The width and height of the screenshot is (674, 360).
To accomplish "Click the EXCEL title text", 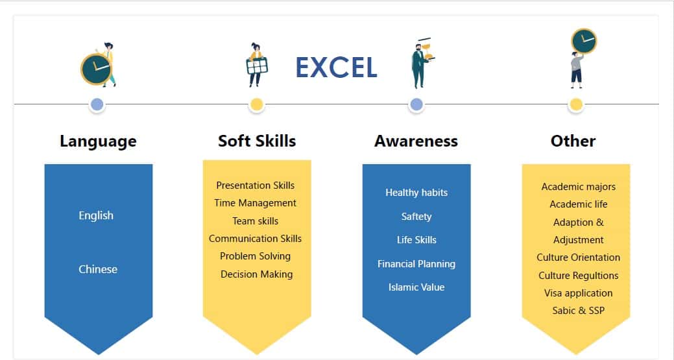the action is tap(337, 67).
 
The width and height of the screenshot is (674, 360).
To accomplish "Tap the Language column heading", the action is tap(98, 141).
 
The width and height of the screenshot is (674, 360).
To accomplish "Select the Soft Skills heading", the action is tap(257, 141).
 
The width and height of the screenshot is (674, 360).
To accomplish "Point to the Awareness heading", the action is tap(416, 141).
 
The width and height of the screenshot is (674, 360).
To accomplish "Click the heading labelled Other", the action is tap(573, 141).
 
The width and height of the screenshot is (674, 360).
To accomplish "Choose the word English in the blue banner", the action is tap(96, 215).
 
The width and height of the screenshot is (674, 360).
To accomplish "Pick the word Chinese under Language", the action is tap(97, 269).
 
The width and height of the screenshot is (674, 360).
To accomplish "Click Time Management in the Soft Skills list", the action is tap(256, 203).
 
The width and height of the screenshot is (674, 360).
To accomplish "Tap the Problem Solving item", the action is tap(256, 256).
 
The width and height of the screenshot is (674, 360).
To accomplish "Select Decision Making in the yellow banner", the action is tap(257, 274).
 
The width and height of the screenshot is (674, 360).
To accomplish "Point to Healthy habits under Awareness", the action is tap(416, 193).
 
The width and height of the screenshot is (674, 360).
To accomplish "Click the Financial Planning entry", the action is tap(416, 264).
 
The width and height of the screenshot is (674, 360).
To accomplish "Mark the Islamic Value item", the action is tap(416, 287).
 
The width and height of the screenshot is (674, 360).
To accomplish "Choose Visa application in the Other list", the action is tap(578, 293).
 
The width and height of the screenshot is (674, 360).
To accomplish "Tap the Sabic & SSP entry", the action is tap(578, 311).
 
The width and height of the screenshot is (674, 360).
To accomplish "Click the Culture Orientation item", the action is tap(578, 258).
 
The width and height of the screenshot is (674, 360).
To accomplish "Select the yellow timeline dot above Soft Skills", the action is tap(257, 104).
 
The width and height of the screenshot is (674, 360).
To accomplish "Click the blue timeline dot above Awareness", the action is tap(416, 104).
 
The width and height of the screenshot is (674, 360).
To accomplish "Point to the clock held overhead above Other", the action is tap(584, 42).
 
